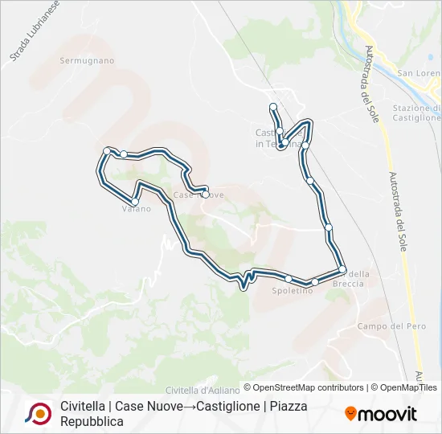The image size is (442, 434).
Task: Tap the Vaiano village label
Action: [136, 209]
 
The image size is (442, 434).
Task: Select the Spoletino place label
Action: [292, 290]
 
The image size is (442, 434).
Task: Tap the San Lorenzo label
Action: [419, 74]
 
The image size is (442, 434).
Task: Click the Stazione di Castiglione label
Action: [416, 113]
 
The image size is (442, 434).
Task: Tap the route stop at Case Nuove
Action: [206, 194]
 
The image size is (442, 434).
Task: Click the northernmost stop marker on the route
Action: [273, 107]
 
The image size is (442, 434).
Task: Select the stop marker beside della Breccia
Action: [342, 269]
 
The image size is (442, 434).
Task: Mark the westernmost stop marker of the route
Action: [107, 150]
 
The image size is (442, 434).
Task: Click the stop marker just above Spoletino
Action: [289, 278]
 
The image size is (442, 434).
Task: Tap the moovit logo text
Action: [387, 414]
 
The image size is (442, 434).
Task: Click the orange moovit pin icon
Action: [350, 413]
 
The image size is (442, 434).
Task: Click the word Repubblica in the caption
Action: [92, 421]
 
